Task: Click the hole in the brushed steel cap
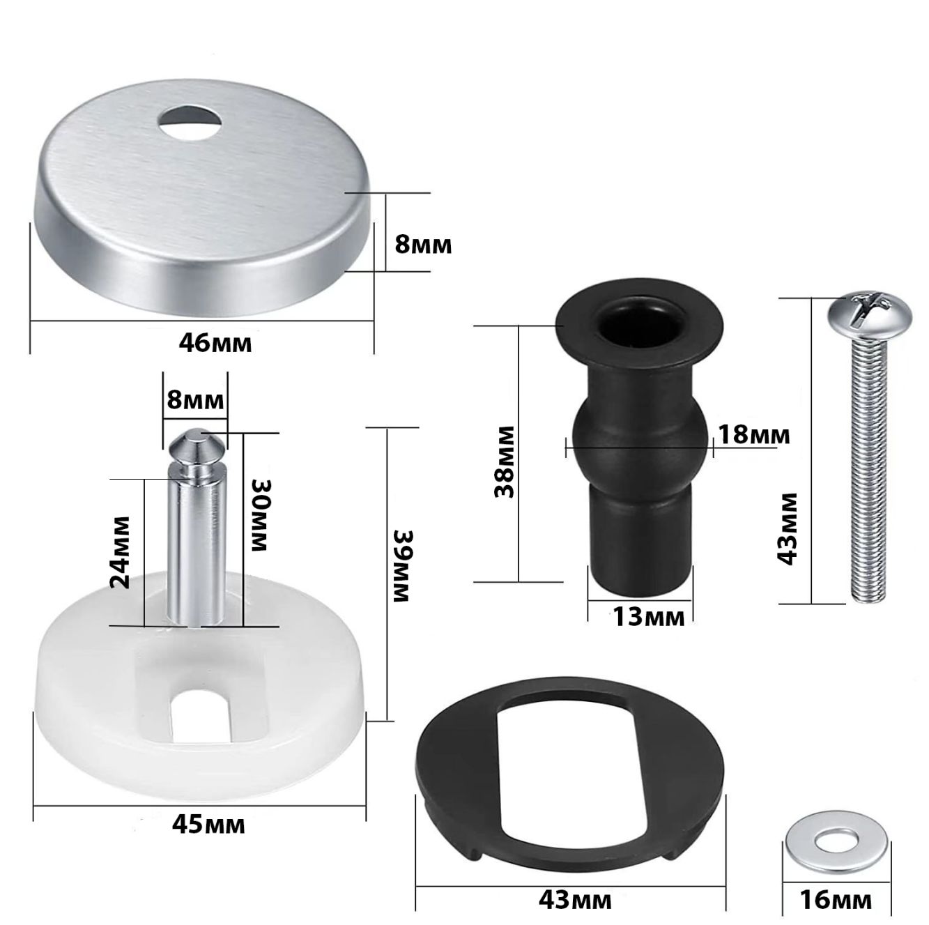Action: coord(192,123)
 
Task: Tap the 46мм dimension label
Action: coord(215,344)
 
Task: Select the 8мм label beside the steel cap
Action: coord(423,245)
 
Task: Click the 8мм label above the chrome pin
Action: coord(194,400)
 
